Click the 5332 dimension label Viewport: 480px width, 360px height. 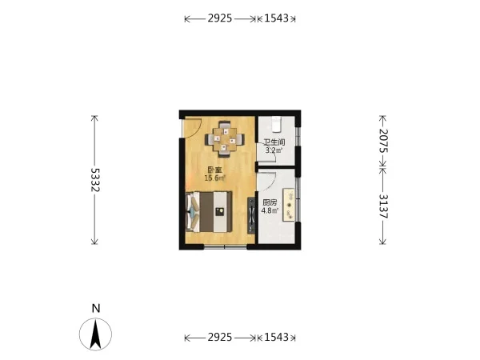point(95,180)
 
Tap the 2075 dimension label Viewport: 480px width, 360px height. point(383,141)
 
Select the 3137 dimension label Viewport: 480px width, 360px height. point(383,206)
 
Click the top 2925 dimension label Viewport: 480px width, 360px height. point(220,18)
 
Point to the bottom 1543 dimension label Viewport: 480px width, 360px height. point(277,337)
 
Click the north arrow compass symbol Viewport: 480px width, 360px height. point(95,334)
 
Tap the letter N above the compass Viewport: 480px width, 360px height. point(96,308)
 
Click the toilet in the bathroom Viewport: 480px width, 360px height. point(277,124)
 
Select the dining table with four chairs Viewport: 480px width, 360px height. point(225,139)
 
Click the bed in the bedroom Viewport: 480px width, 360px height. point(209,211)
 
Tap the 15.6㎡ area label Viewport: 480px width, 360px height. point(214,178)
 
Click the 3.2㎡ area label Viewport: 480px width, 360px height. point(274,150)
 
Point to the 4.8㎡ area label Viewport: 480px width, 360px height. point(270,210)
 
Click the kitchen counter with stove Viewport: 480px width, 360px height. point(289,205)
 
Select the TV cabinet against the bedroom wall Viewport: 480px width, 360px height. point(251,215)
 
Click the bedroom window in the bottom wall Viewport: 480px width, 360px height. point(226,246)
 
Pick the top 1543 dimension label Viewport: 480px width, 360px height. point(277,18)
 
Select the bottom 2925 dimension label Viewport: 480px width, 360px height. point(220,337)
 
